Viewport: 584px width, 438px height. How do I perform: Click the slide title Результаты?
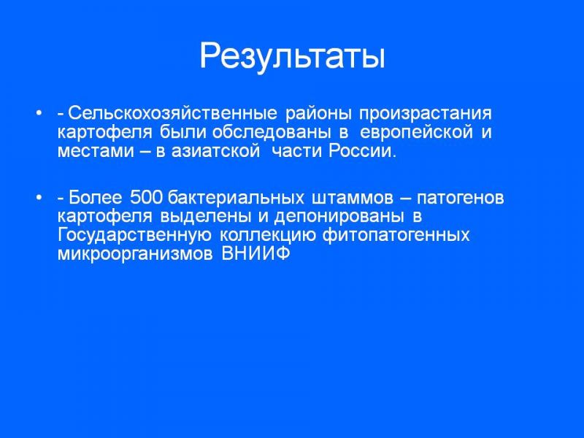point(293,57)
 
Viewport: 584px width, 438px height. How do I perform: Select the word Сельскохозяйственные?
point(173,113)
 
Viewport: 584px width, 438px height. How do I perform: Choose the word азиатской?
point(215,152)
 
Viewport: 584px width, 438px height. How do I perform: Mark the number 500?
point(147,198)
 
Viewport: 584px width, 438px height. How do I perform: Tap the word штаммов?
point(353,198)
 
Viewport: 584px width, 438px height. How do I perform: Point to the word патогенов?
point(460,198)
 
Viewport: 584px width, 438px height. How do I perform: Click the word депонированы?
point(339,217)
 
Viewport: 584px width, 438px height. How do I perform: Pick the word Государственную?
point(134,236)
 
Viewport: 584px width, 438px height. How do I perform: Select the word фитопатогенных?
point(396,236)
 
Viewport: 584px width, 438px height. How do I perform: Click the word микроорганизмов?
point(135,255)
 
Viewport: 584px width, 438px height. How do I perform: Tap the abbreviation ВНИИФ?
point(255,254)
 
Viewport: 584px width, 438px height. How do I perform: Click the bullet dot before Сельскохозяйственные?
point(39,113)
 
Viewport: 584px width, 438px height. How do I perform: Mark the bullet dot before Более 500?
point(39,198)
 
